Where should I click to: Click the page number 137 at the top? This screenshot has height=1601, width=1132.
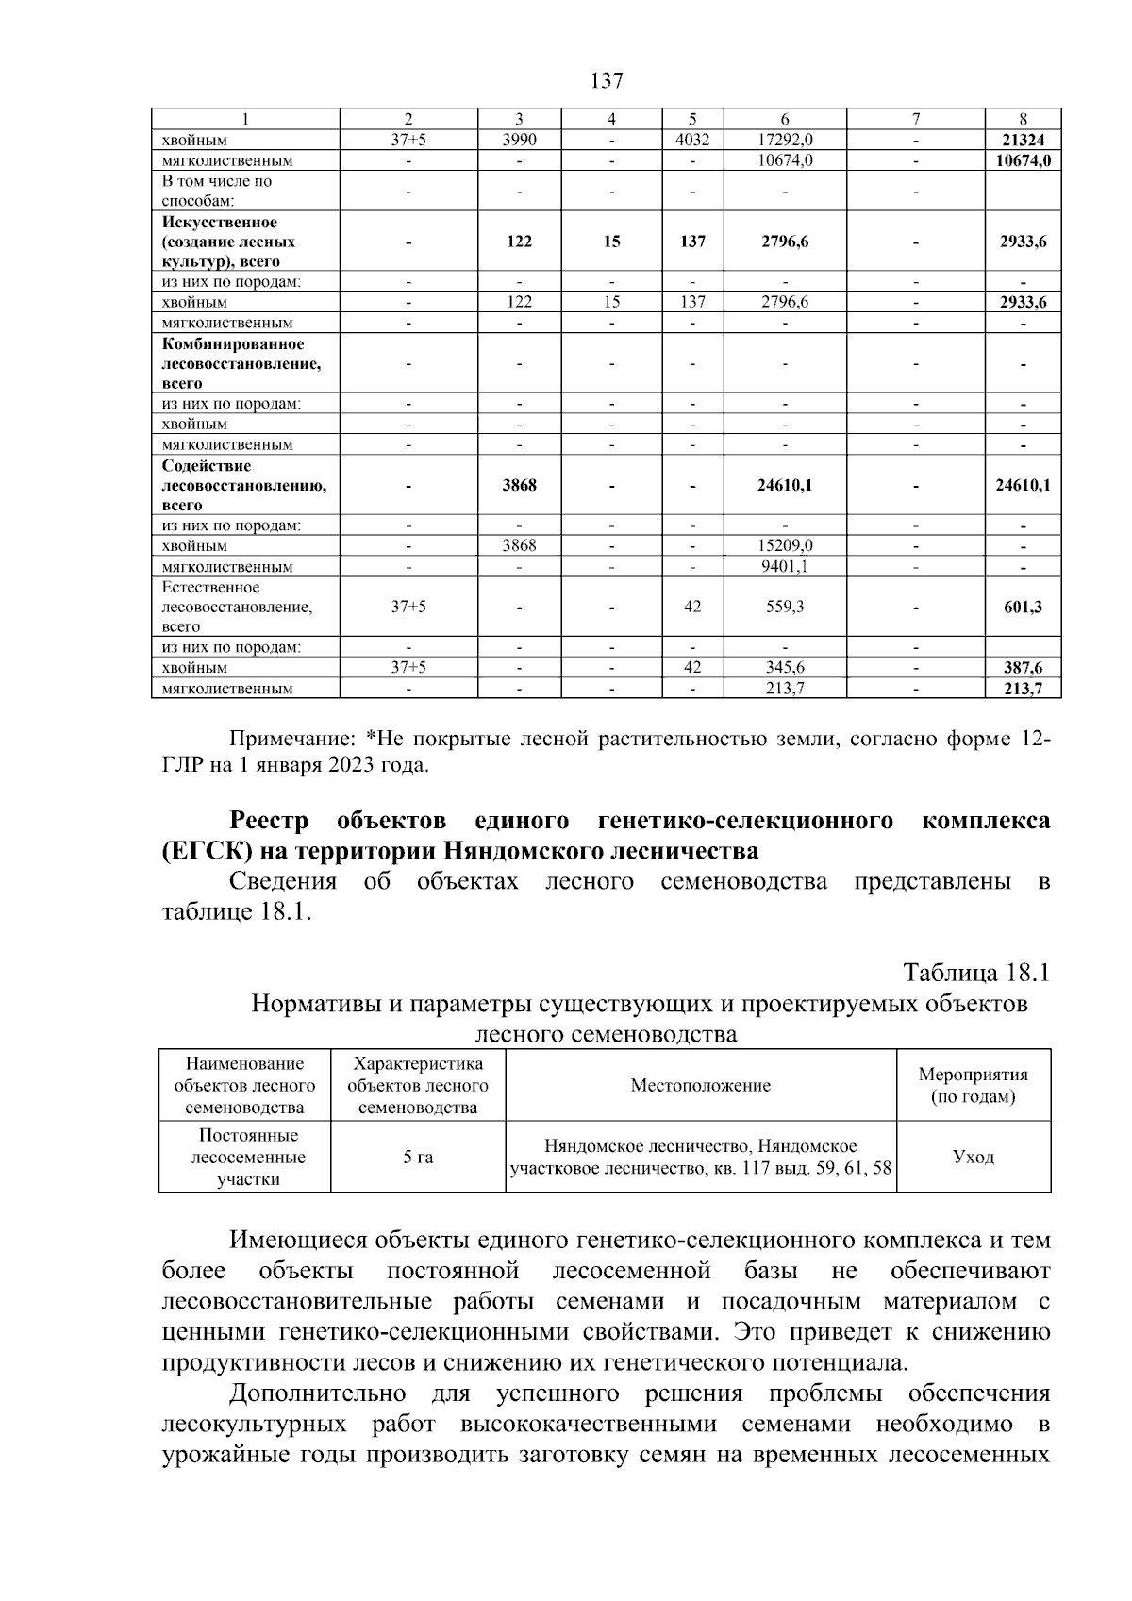607,81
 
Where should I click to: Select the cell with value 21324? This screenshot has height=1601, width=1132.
1024,140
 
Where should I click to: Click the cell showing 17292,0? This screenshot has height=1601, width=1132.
785,140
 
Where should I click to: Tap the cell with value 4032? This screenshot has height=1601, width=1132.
692,140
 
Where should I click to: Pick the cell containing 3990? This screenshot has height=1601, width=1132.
519,140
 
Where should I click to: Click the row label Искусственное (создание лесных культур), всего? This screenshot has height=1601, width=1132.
221,242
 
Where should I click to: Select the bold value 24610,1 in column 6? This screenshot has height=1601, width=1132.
785,486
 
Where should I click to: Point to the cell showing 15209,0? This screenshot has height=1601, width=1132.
785,545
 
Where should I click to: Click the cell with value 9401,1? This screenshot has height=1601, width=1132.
785,566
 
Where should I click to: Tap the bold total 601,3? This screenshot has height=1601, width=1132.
1024,607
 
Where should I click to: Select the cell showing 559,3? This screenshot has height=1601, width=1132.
785,607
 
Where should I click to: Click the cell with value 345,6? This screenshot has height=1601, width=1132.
785,667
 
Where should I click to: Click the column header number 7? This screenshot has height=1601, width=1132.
915,119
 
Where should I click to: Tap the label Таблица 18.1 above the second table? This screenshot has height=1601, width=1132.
975,972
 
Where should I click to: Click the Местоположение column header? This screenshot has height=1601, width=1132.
700,1085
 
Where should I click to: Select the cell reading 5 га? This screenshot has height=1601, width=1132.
418,1157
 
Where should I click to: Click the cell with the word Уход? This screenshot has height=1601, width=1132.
973,1157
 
